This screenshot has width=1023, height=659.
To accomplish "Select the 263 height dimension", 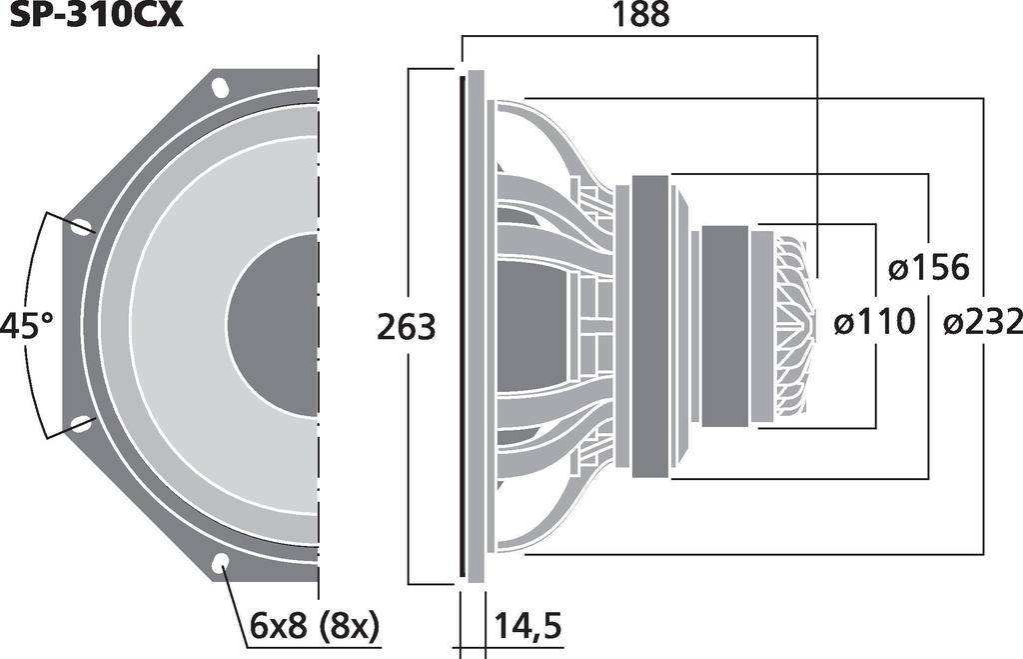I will point(406,327).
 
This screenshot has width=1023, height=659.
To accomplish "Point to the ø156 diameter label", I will point(928,268).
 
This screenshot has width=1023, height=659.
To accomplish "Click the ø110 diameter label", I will point(874,322).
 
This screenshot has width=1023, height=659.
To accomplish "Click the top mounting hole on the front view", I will point(220,87).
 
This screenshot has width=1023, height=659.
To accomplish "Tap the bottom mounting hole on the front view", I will point(220,565).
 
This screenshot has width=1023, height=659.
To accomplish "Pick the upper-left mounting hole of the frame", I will point(81,226).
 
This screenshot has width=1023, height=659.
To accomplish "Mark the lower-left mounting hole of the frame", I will point(81,424).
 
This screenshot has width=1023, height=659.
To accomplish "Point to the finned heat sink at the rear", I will point(795,326).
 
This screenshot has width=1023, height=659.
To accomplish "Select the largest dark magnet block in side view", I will point(649,326).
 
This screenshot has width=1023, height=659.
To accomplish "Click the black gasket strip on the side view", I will point(461,326).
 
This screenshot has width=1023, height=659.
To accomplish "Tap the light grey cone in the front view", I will point(180,325).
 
